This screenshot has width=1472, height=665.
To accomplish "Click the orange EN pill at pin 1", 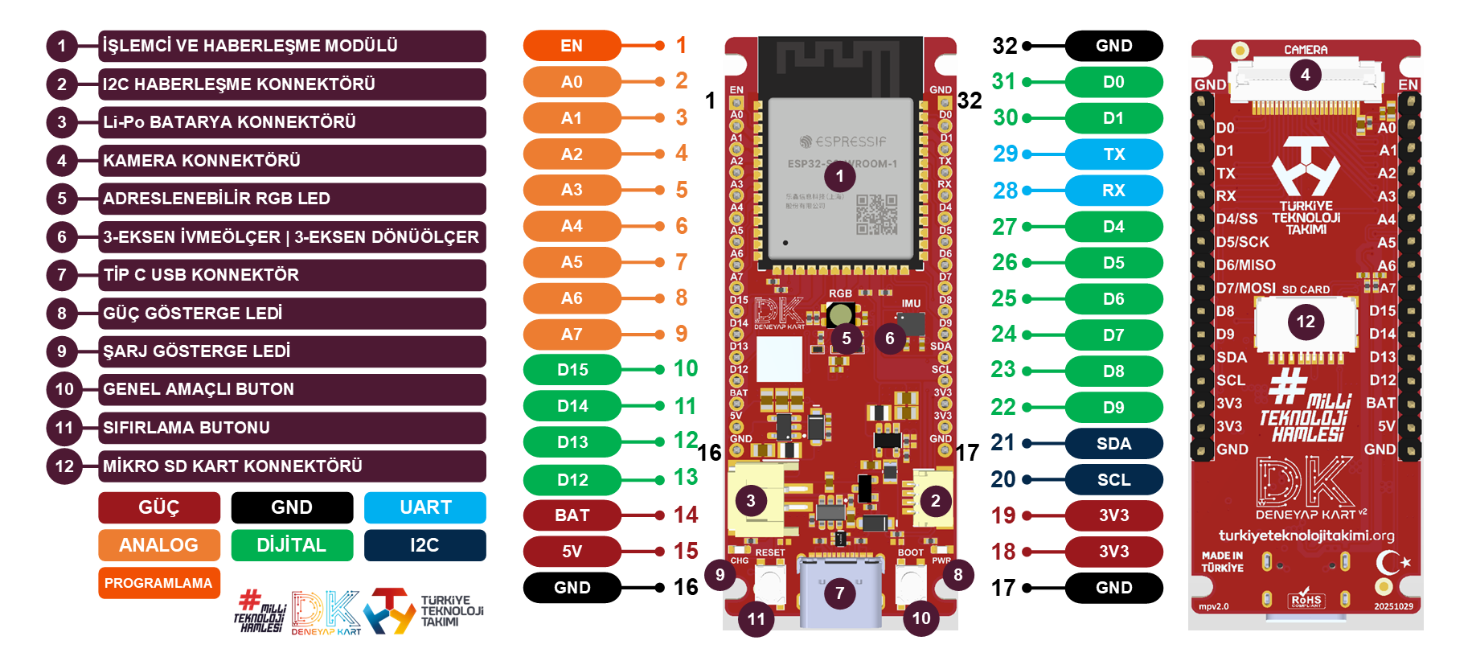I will [x=572, y=46].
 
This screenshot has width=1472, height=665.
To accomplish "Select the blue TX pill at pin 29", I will [x=1113, y=154].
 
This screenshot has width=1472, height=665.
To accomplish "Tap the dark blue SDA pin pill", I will [x=1113, y=444].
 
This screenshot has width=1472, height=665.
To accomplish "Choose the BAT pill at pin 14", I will [x=572, y=515].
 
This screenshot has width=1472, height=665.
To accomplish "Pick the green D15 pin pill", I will [x=572, y=370].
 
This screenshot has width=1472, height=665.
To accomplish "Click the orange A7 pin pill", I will [x=572, y=335].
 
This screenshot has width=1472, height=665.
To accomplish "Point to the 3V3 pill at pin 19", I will [x=1113, y=515].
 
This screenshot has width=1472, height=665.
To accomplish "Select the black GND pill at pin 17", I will [x=1113, y=588].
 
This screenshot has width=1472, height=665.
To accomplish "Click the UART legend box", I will [x=424, y=508].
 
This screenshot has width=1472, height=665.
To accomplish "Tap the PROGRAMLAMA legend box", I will [x=158, y=583].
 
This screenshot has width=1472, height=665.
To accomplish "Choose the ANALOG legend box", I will [x=158, y=545].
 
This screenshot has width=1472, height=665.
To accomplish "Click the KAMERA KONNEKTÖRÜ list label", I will [x=292, y=161].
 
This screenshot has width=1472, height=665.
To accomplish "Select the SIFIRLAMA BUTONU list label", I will [x=292, y=428].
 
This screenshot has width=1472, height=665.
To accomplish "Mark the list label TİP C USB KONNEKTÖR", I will [x=292, y=275].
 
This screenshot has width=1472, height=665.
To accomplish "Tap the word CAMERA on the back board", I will [x=1306, y=50].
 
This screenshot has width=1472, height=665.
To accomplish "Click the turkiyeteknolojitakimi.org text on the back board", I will [x=1306, y=536].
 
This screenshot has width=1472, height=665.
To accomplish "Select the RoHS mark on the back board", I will [x=1306, y=599].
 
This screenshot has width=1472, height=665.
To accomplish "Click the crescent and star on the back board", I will [x=1392, y=562].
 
